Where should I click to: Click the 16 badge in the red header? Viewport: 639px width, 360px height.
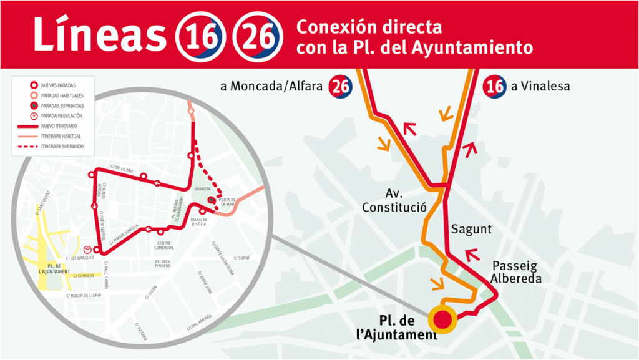[x=200, y=36]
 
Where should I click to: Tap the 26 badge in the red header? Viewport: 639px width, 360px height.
[x=255, y=36]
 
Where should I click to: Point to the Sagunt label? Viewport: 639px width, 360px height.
[x=471, y=229]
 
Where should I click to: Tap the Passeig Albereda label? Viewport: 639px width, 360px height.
[x=515, y=272]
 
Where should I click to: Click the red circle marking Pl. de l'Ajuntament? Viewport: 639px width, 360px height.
[x=443, y=320]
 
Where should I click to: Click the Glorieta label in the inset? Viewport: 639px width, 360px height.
[x=203, y=188]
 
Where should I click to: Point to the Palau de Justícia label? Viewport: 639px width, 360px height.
[x=199, y=223]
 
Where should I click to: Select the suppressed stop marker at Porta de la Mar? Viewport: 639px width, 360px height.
[x=212, y=200]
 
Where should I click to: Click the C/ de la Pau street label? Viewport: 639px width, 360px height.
[x=122, y=168]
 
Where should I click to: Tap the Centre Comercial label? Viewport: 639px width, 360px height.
[x=164, y=245]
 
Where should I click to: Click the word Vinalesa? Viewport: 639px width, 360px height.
[x=540, y=87]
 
